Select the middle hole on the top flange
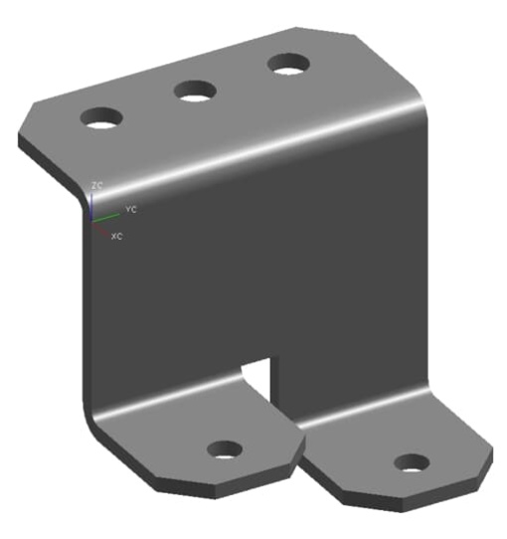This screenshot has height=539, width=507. [196, 90]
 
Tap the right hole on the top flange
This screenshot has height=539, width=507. [287, 65]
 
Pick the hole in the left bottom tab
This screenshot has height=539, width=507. [226, 449]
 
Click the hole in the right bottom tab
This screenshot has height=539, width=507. [411, 462]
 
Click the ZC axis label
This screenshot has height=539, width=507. [96, 186]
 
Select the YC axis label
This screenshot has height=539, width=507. [130, 211]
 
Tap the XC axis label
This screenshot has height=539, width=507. [116, 237]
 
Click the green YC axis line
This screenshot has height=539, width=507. [107, 215]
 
